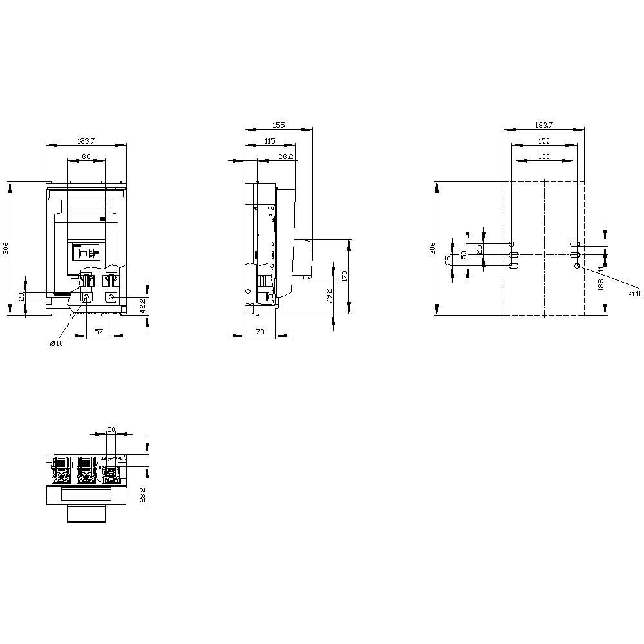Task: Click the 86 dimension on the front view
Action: (x=86, y=156)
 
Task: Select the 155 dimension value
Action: (x=278, y=125)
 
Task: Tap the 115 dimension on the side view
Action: (x=269, y=140)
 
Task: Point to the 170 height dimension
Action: (x=345, y=277)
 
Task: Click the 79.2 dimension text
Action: (x=329, y=296)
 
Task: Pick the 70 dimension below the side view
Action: (x=260, y=331)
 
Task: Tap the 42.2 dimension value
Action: (x=144, y=305)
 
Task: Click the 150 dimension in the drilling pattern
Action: (x=544, y=140)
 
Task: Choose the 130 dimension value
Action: (x=544, y=156)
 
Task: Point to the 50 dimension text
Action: (x=464, y=255)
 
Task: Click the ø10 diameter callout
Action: (x=57, y=343)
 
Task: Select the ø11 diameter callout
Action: (x=634, y=294)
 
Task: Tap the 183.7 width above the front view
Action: (x=86, y=140)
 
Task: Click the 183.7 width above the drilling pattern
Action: (x=544, y=125)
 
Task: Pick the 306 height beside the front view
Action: (x=5, y=249)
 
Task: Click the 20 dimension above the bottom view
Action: (x=111, y=429)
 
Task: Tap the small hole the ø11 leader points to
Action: (x=577, y=265)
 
